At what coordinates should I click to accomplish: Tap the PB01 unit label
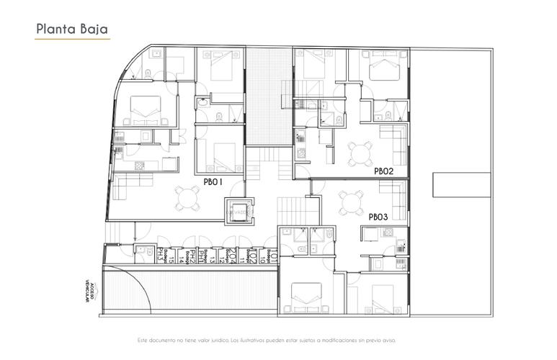coord(213,182)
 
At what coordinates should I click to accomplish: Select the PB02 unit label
coord(383,171)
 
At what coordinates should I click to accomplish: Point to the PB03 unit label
coord(378,216)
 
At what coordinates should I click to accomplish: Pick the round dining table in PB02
coord(358,153)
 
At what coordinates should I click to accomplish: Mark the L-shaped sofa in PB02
coord(394,144)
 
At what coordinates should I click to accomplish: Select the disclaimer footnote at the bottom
coord(267,339)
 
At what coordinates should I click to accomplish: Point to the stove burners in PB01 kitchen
coord(139,166)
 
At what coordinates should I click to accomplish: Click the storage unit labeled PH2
coord(191,255)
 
